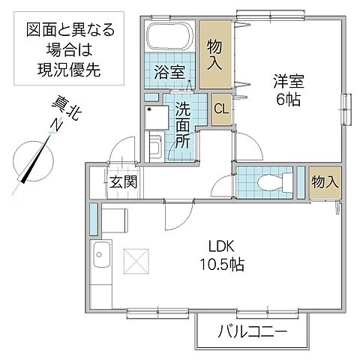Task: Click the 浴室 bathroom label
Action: pos(169,74)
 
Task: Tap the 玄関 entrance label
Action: pos(121,181)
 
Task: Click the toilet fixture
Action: pos(269,181)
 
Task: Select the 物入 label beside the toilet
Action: pos(323,181)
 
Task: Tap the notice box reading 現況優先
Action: pos(71,50)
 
